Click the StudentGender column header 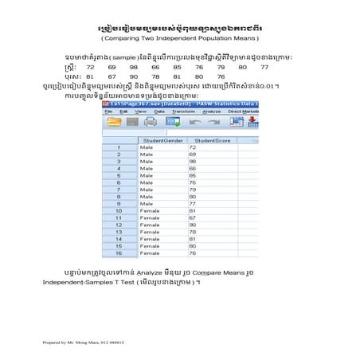pyautogui.click(x=159, y=140)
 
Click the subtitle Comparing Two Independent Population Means pyautogui.click(x=180, y=37)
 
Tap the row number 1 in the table pyautogui.click(x=118, y=147)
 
